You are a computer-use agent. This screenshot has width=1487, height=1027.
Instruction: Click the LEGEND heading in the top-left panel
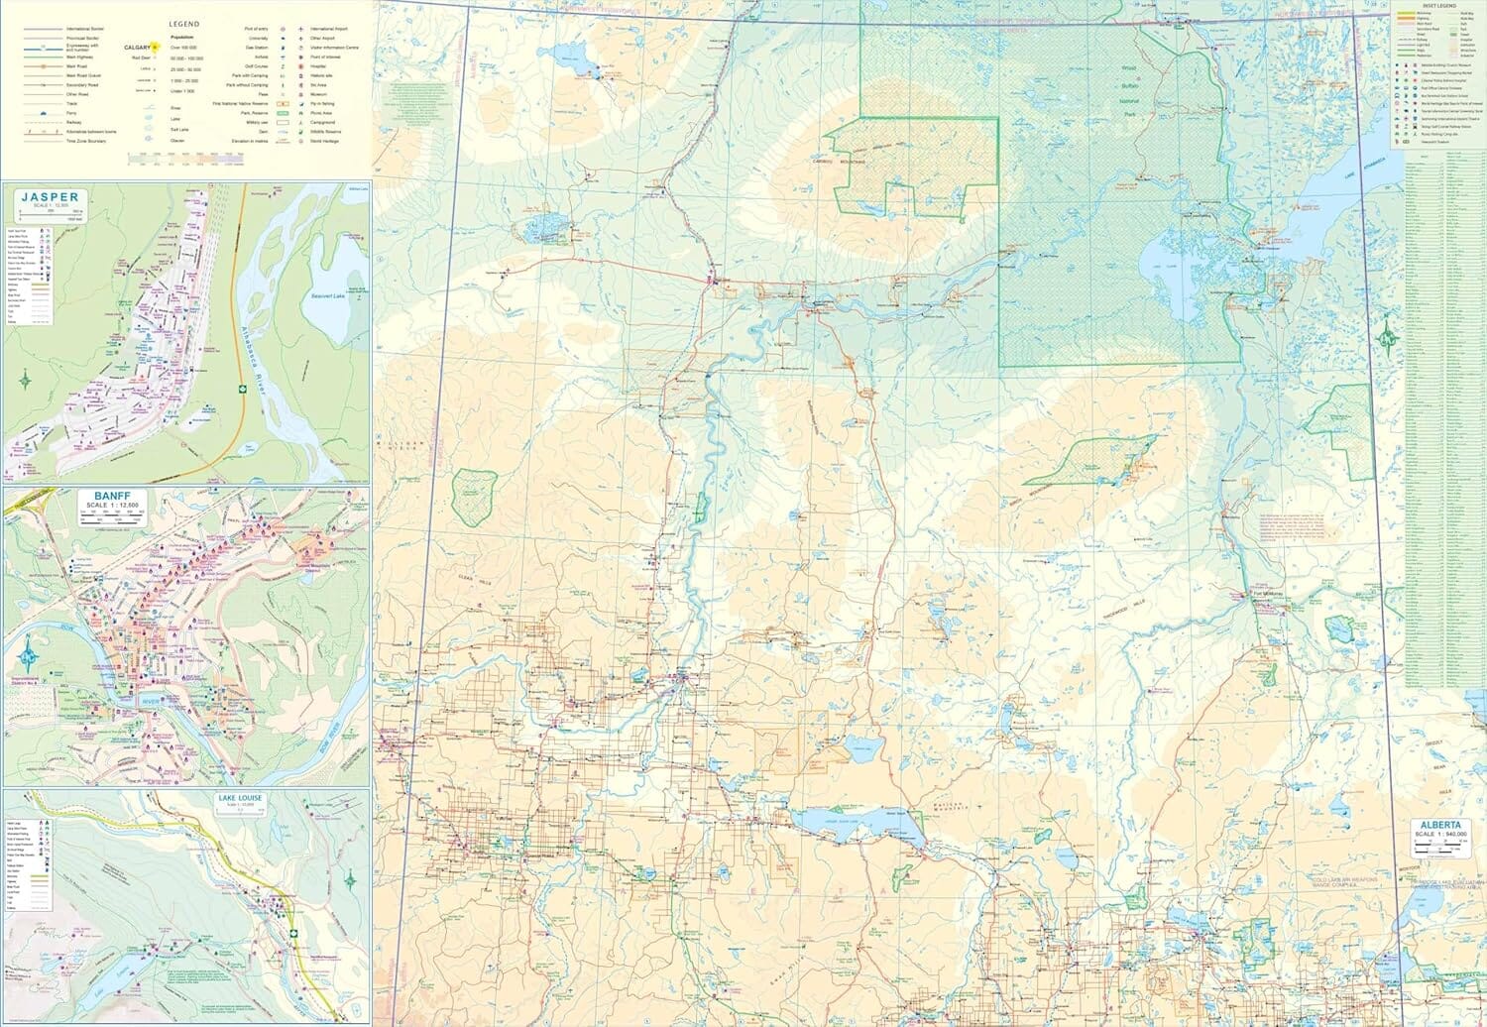pos(184,24)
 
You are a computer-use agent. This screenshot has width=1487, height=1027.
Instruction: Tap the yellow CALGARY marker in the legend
pos(156,47)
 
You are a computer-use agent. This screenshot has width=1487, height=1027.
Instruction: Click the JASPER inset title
pos(49,197)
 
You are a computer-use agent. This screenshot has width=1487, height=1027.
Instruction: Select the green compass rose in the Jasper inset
pos(26,379)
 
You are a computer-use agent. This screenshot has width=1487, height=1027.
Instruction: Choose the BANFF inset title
pos(112,496)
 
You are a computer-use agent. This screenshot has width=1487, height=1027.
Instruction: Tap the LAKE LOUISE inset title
pos(243,796)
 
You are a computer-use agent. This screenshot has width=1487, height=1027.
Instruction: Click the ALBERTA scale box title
pos(1439,825)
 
